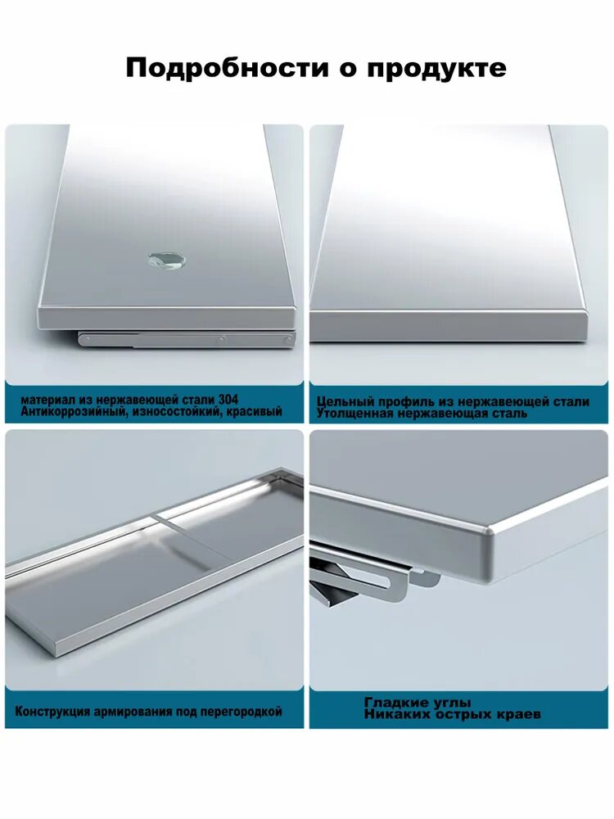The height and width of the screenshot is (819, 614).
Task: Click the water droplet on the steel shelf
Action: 165,260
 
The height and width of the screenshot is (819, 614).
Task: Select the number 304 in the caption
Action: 228,400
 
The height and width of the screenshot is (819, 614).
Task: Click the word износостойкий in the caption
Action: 173,412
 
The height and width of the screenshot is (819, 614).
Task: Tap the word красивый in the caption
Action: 251,412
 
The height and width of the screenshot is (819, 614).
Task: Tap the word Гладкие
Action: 395,703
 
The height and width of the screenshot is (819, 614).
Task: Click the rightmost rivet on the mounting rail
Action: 287,340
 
